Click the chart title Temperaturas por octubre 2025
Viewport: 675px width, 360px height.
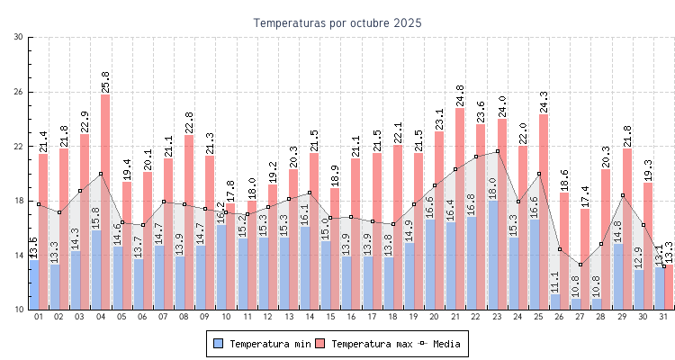337,22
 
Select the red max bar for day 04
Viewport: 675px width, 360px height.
105,180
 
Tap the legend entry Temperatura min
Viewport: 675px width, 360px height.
261,343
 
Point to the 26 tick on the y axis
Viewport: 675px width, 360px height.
19,92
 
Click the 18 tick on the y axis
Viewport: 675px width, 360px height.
19,201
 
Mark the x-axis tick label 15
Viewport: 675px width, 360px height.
328,317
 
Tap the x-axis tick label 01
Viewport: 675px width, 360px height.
39,317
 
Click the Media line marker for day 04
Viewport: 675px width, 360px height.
101,174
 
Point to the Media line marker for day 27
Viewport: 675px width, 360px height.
580,265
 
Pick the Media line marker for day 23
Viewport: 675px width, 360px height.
498,151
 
